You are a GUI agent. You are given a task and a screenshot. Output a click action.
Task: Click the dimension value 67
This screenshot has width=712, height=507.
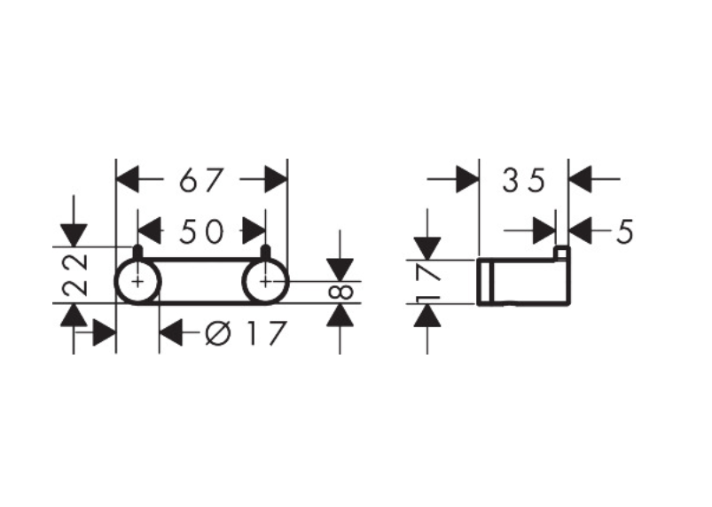pos(201,181)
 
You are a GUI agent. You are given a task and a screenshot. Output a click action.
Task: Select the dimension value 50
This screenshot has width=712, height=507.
pos(201,231)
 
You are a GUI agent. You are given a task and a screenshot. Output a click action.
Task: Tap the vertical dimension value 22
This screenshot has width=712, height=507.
pos(77,275)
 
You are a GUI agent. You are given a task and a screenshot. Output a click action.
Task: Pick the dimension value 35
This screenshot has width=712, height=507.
pos(522,181)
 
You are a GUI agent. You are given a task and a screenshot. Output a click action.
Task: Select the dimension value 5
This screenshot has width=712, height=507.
pos(624,232)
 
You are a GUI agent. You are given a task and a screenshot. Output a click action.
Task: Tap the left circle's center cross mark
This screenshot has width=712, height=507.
pos(137,281)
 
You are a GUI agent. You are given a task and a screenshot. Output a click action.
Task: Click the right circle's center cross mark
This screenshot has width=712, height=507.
pos(266,281)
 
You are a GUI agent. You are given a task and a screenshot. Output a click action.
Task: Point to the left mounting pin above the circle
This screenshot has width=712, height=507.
pos(137,253)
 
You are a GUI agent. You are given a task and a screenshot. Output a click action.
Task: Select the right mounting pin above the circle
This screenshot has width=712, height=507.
pos(265,253)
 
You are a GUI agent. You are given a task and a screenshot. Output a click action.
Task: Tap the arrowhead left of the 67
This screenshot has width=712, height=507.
pos(129,181)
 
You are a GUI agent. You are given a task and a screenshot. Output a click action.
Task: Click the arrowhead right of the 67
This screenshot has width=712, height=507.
pos(276,181)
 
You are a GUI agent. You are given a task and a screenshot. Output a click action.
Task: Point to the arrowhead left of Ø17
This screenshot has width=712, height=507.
pos(170,334)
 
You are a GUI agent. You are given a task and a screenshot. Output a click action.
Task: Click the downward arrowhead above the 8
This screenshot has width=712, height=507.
pos(340,269)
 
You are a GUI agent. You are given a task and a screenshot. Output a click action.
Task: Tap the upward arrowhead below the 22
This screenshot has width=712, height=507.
pos(74,314)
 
